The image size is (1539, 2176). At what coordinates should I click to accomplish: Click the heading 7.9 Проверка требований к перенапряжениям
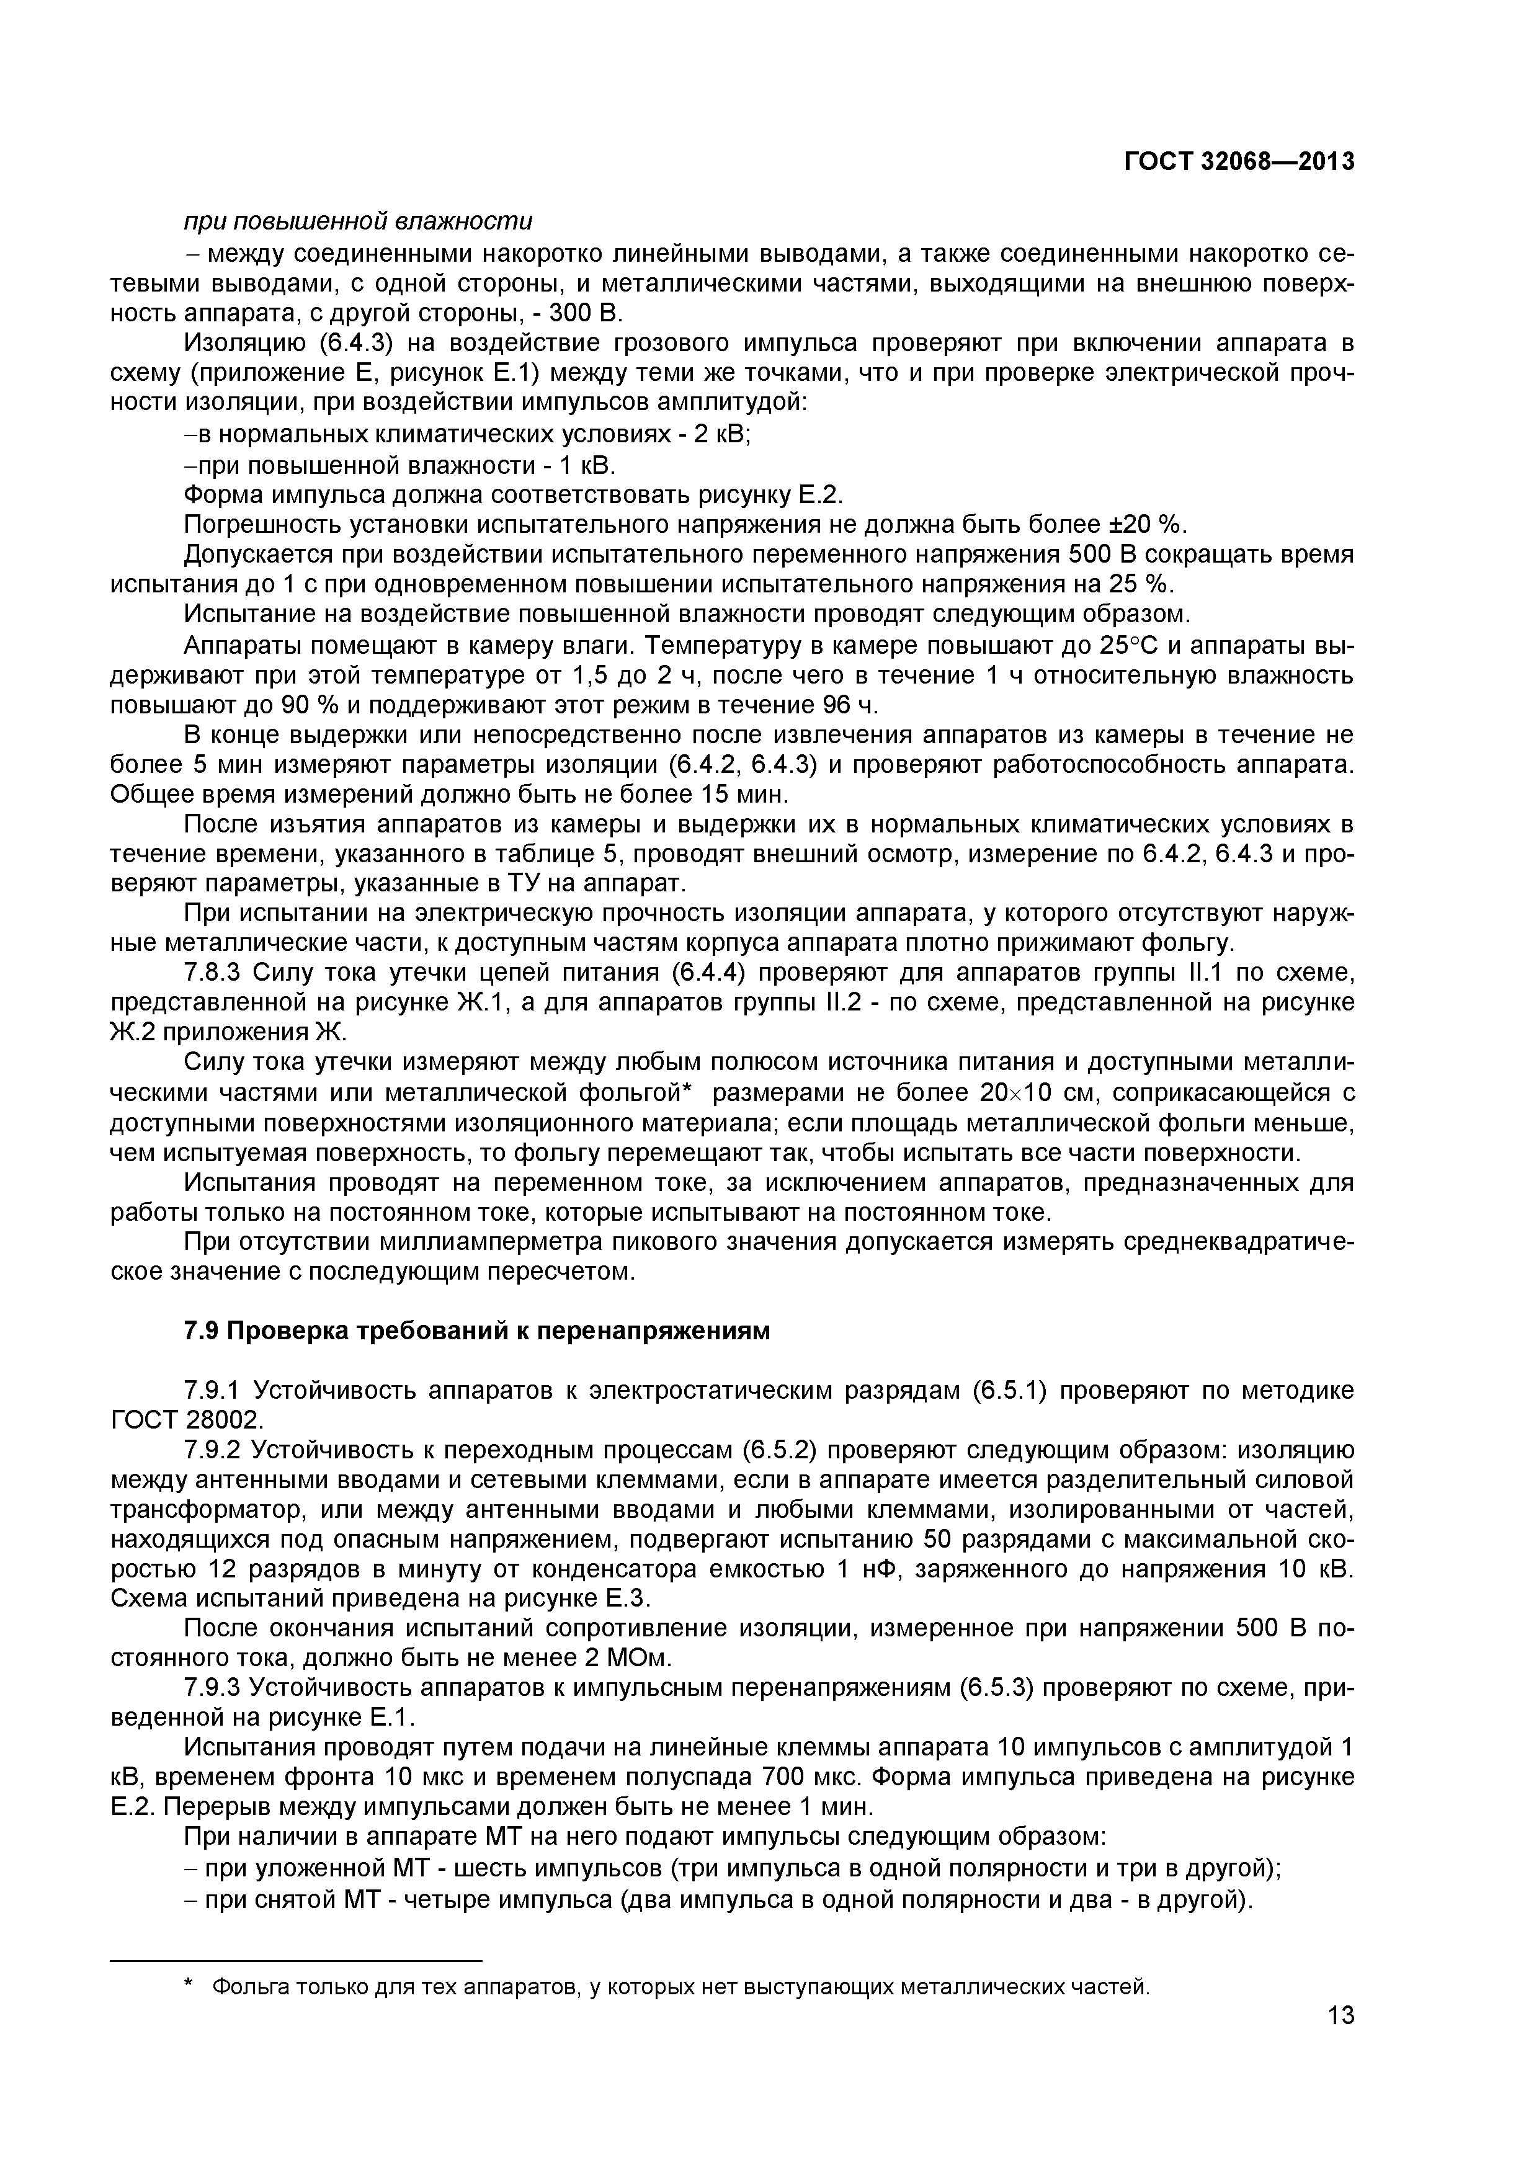coord(476,1332)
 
